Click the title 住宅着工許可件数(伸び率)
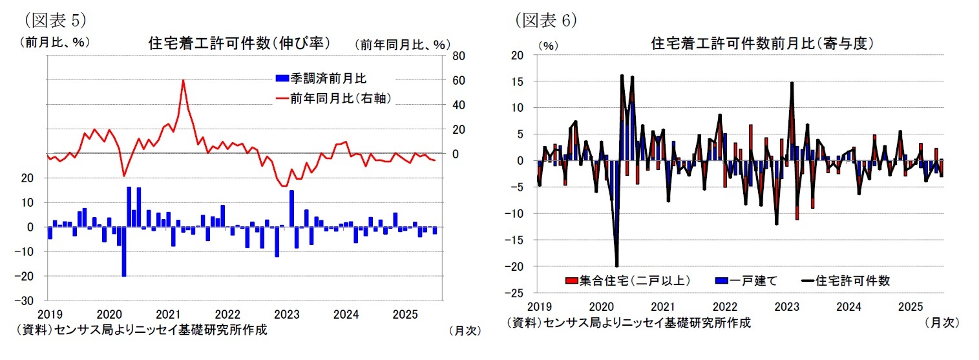[239, 43]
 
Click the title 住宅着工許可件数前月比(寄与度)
[763, 43]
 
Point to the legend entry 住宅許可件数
[853, 281]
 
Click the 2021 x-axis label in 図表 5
[168, 315]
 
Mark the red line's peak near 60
[184, 81]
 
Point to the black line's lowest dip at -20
[616, 266]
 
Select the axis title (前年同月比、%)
[401, 45]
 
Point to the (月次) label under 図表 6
[942, 322]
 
